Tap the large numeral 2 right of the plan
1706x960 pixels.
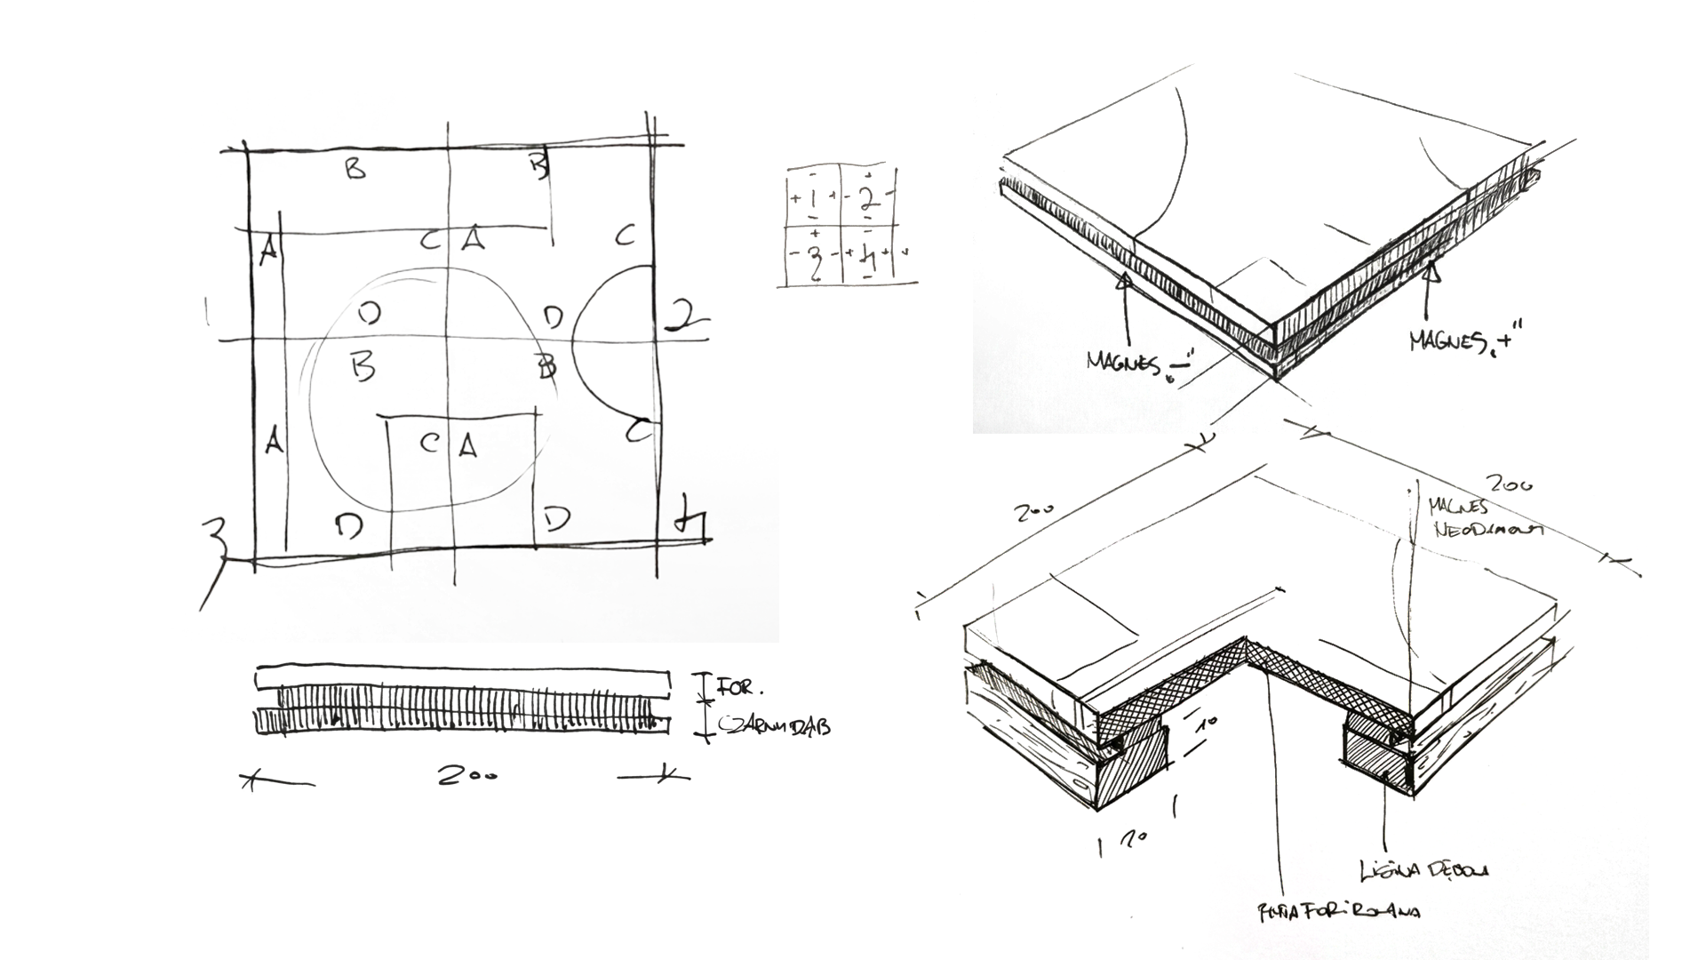pyautogui.click(x=685, y=316)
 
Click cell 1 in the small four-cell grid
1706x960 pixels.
pyautogui.click(x=813, y=198)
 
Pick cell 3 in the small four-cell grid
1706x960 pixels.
pyautogui.click(x=813, y=256)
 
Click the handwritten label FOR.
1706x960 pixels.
pyautogui.click(x=738, y=687)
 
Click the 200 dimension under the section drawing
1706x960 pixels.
pyautogui.click(x=466, y=775)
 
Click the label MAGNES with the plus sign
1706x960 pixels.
pyautogui.click(x=1464, y=340)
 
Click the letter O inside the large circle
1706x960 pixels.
pyautogui.click(x=370, y=312)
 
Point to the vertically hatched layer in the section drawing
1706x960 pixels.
pyautogui.click(x=462, y=708)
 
